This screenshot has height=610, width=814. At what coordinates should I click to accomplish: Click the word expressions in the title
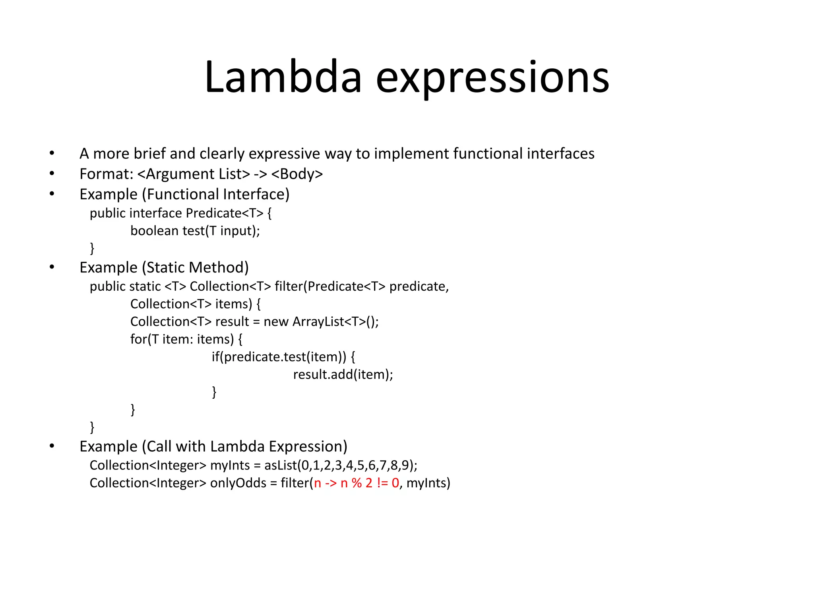click(x=492, y=78)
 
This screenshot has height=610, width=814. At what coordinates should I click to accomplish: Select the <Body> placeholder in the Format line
click(x=297, y=174)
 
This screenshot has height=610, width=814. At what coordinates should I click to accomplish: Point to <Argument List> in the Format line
click(x=194, y=174)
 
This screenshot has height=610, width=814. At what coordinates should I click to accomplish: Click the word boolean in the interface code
click(x=154, y=231)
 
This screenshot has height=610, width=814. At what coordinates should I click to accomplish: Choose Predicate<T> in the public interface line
click(x=225, y=213)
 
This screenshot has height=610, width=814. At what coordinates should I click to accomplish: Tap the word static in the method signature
click(x=145, y=286)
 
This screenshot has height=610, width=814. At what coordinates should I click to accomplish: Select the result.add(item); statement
click(x=343, y=374)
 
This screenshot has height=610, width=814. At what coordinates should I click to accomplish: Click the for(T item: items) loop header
click(x=182, y=339)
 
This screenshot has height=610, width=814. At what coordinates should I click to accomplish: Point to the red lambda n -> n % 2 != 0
click(x=357, y=483)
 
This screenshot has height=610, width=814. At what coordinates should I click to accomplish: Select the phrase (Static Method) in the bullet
click(x=195, y=268)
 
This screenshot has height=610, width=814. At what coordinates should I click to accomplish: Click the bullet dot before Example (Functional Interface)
click(x=52, y=194)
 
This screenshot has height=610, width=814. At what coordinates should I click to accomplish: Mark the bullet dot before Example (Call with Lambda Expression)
click(x=52, y=446)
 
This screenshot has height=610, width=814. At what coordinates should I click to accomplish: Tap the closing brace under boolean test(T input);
click(x=92, y=248)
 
